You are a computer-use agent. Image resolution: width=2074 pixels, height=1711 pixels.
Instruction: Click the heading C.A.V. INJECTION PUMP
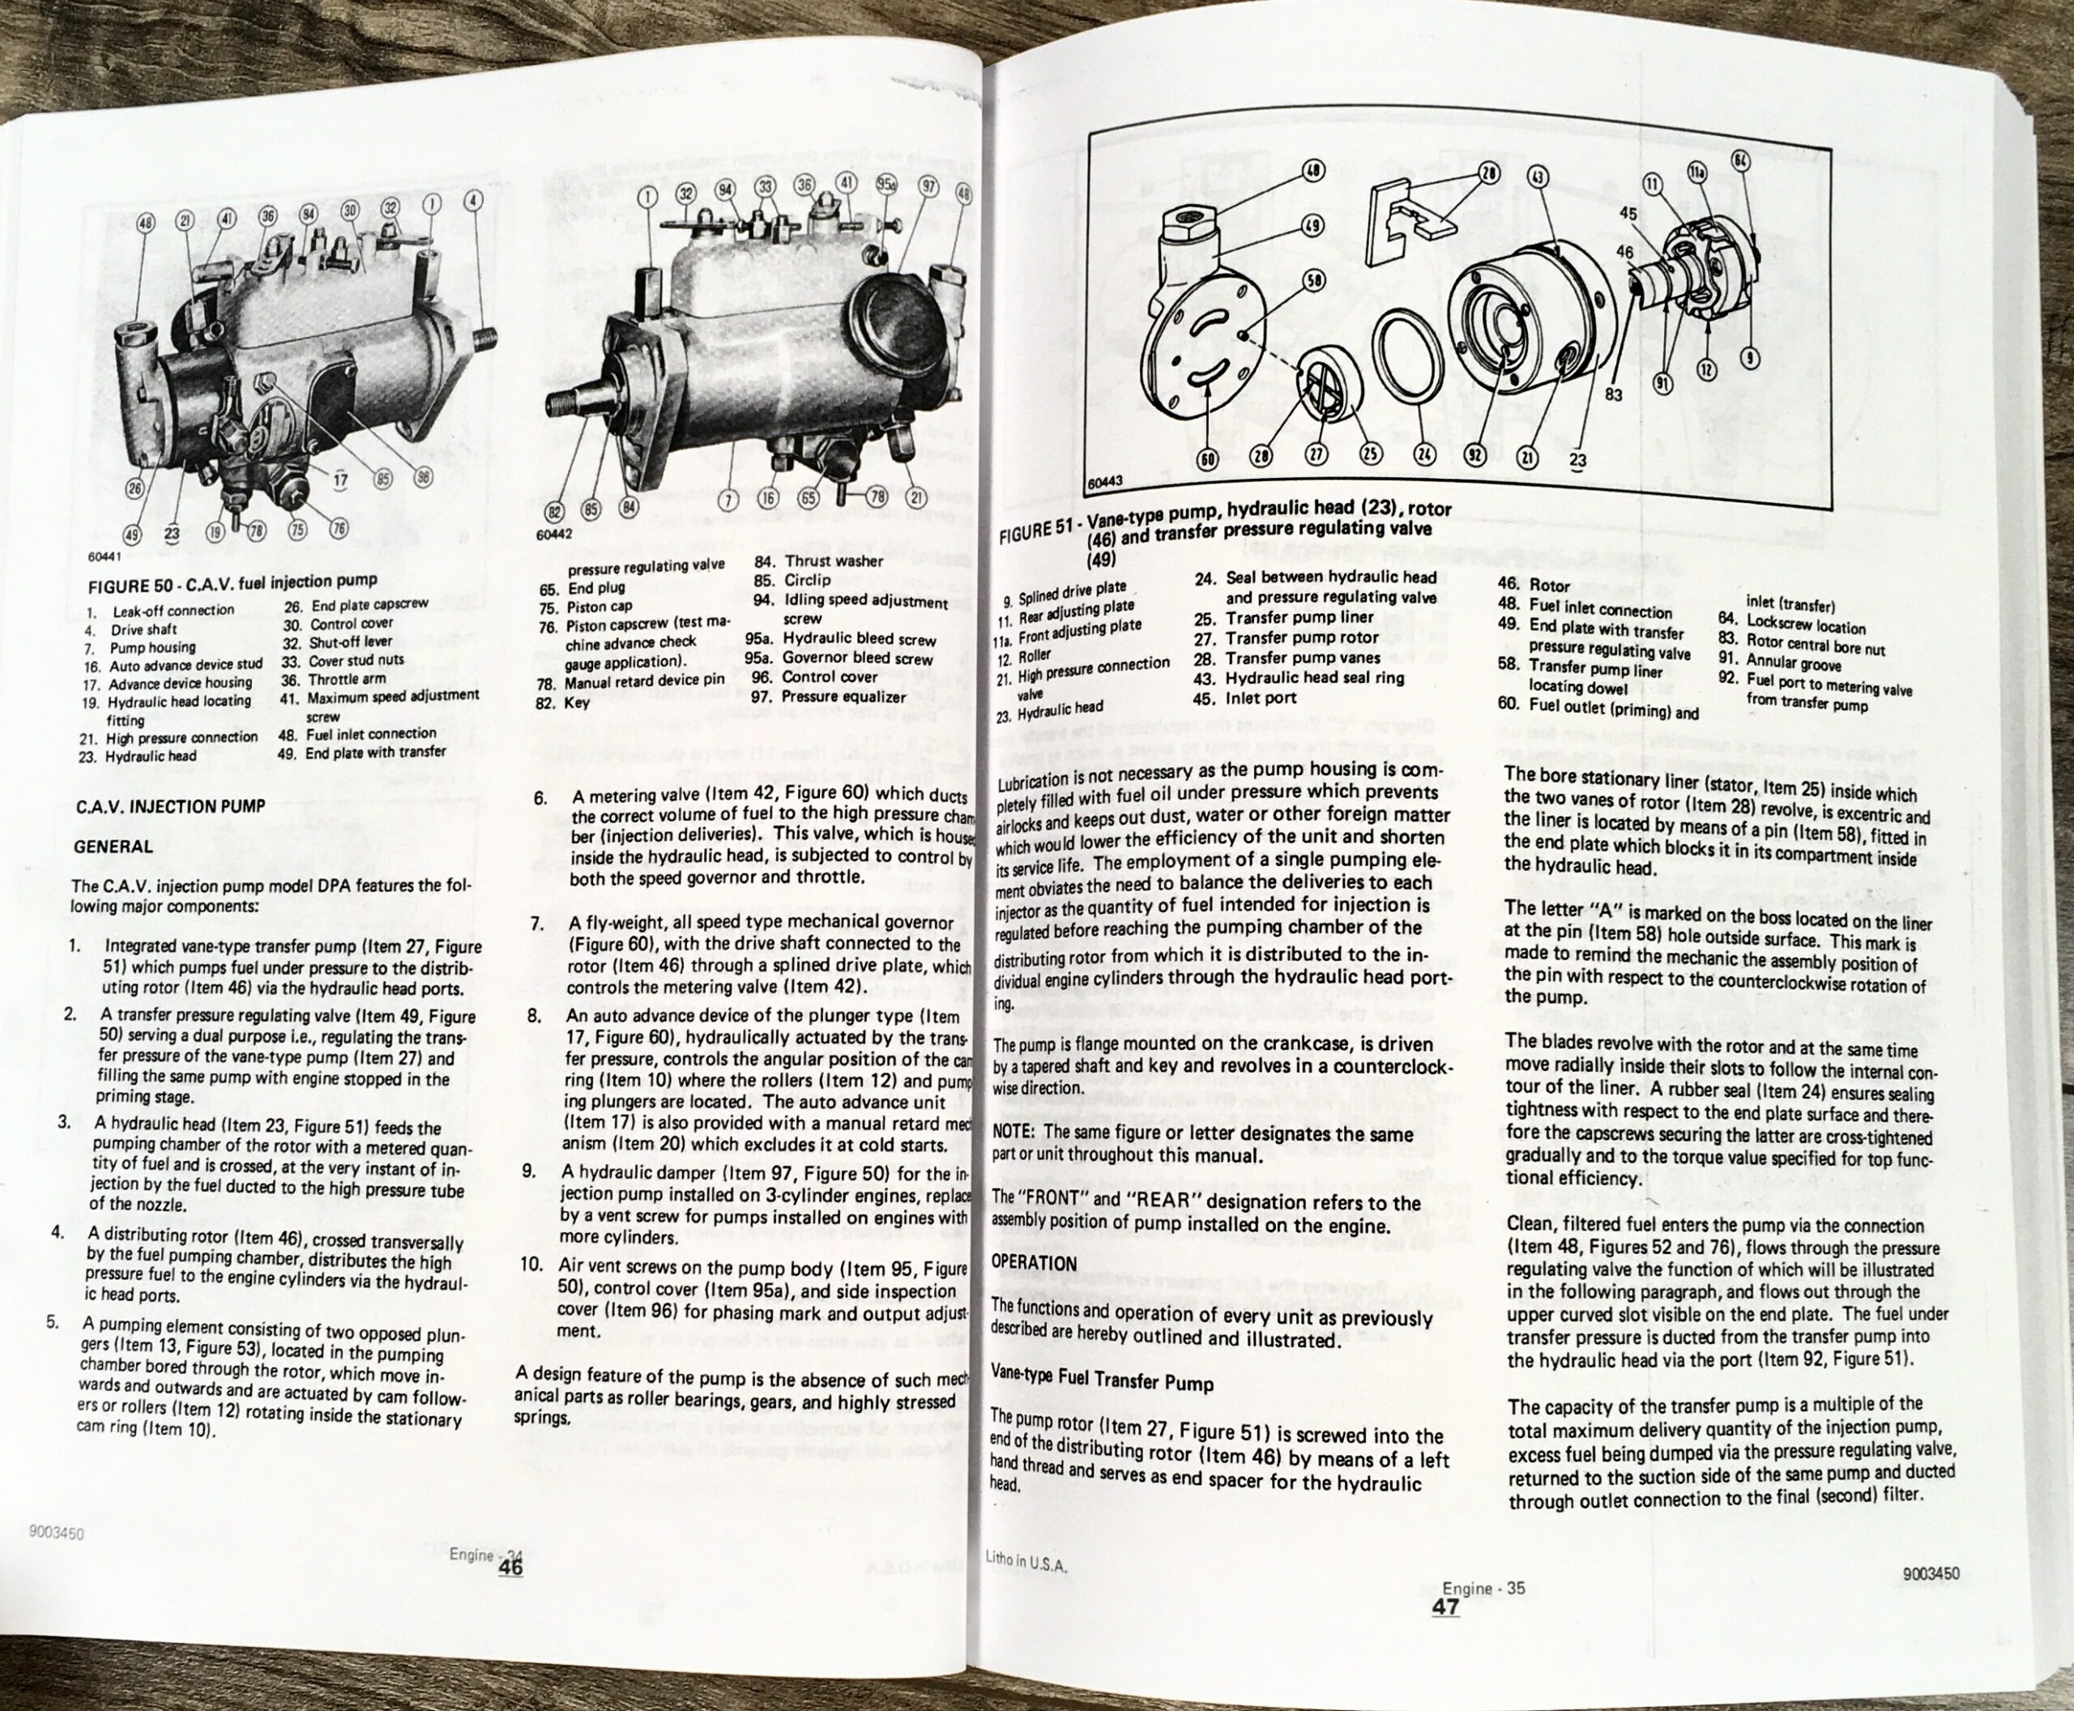coord(170,806)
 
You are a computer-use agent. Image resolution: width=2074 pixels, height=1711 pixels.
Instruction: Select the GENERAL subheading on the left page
coord(114,847)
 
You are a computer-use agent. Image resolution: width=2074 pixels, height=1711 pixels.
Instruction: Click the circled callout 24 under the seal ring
coord(1423,454)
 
